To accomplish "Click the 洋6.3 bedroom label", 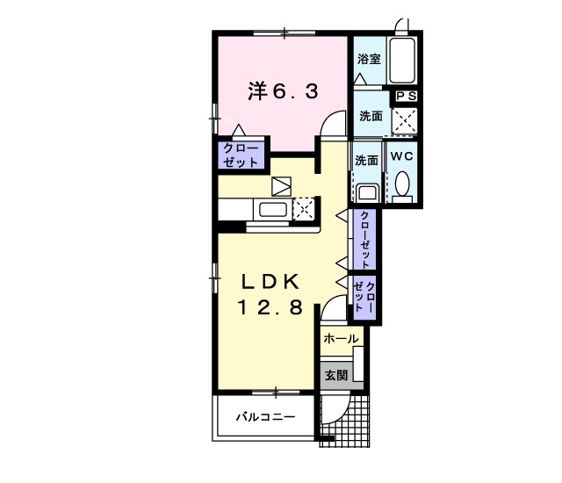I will (281, 90).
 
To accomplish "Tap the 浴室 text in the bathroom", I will (369, 59).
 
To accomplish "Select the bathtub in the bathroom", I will (403, 59).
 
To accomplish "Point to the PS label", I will (407, 96).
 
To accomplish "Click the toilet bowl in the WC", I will (403, 184).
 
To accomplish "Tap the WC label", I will (402, 156).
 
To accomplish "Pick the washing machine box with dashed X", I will (405, 120).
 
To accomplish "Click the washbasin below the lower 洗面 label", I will (367, 191).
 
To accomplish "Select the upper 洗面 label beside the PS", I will (371, 116).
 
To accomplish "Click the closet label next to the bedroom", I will (241, 155).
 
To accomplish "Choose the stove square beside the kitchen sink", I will (303, 209).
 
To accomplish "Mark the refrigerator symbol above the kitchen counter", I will (282, 186).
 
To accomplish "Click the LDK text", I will (271, 281).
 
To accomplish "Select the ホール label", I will (340, 338).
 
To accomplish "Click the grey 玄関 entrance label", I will (335, 375).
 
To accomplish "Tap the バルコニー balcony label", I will (264, 417).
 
